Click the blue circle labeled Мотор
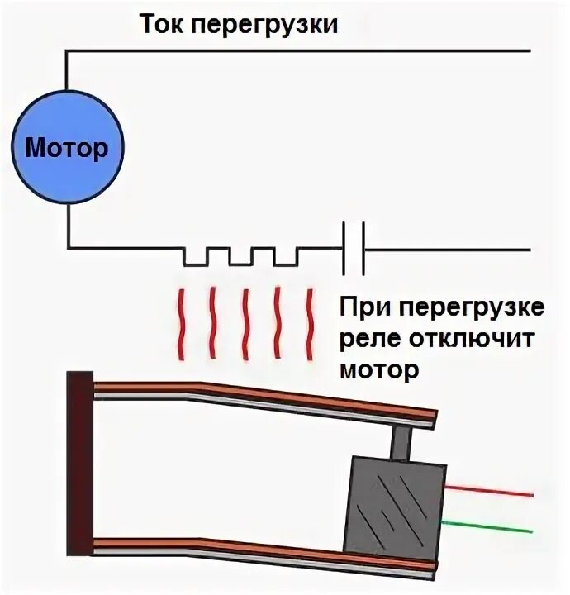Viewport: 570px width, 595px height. tap(67, 149)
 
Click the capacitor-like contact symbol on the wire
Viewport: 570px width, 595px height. tap(354, 247)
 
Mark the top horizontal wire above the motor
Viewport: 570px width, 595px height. tap(297, 50)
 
